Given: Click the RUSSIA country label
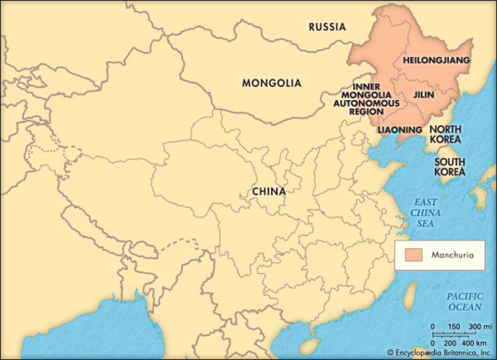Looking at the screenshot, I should (327, 27).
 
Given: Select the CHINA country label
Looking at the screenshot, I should (269, 191).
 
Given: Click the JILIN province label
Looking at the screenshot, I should (424, 95).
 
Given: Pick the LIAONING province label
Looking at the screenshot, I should (400, 129).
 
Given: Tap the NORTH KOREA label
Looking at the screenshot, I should (446, 134).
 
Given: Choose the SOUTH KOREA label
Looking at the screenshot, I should (450, 166).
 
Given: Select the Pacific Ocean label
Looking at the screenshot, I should (464, 302).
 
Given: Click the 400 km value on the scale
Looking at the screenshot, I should (474, 342).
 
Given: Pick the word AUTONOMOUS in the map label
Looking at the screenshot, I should (367, 102).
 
